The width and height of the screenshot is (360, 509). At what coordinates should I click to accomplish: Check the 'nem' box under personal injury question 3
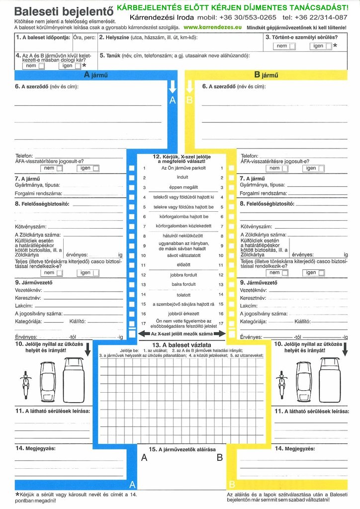coord(292,46)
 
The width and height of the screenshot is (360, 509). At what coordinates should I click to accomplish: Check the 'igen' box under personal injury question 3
coord(329,46)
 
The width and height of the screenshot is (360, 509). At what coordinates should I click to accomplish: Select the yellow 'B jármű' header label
coord(266,75)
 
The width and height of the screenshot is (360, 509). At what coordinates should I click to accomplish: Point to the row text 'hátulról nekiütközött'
coord(183,236)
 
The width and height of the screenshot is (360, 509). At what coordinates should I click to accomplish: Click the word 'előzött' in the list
coord(183,265)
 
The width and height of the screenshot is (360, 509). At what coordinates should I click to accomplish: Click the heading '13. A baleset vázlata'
coord(182,344)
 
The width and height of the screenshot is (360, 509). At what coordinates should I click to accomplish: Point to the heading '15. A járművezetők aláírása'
coord(182,449)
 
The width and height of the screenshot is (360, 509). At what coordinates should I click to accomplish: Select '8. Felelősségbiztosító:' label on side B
coord(267,204)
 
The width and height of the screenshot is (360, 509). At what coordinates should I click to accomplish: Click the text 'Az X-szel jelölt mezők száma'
coord(182,334)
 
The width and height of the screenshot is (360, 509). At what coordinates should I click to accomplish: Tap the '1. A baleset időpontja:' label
coord(43,37)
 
